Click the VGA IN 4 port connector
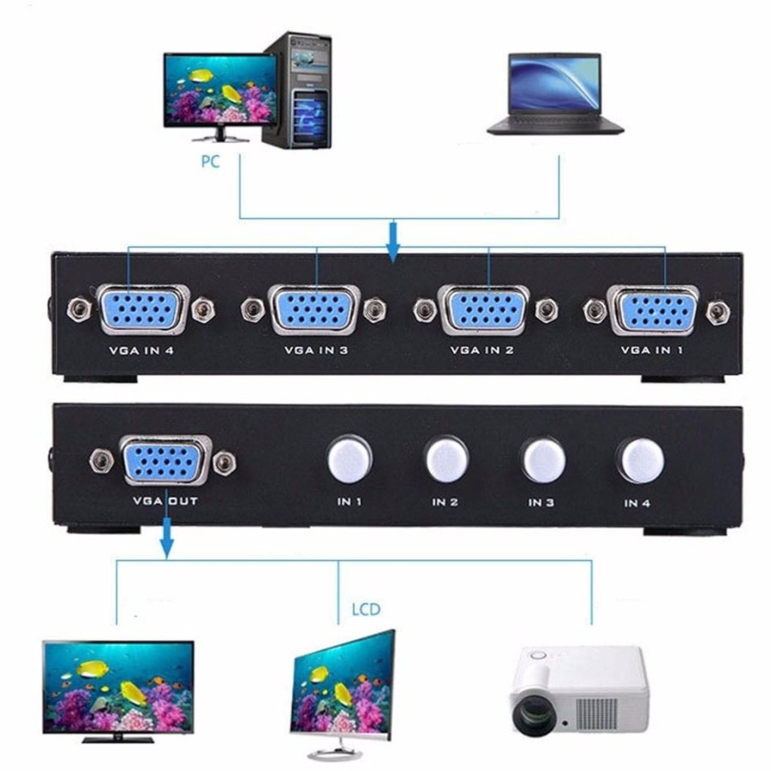tap(141, 309)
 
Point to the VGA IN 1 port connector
tap(653, 309)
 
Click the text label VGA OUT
tap(164, 501)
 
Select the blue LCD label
tap(366, 610)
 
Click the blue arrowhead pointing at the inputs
tap(393, 249)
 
